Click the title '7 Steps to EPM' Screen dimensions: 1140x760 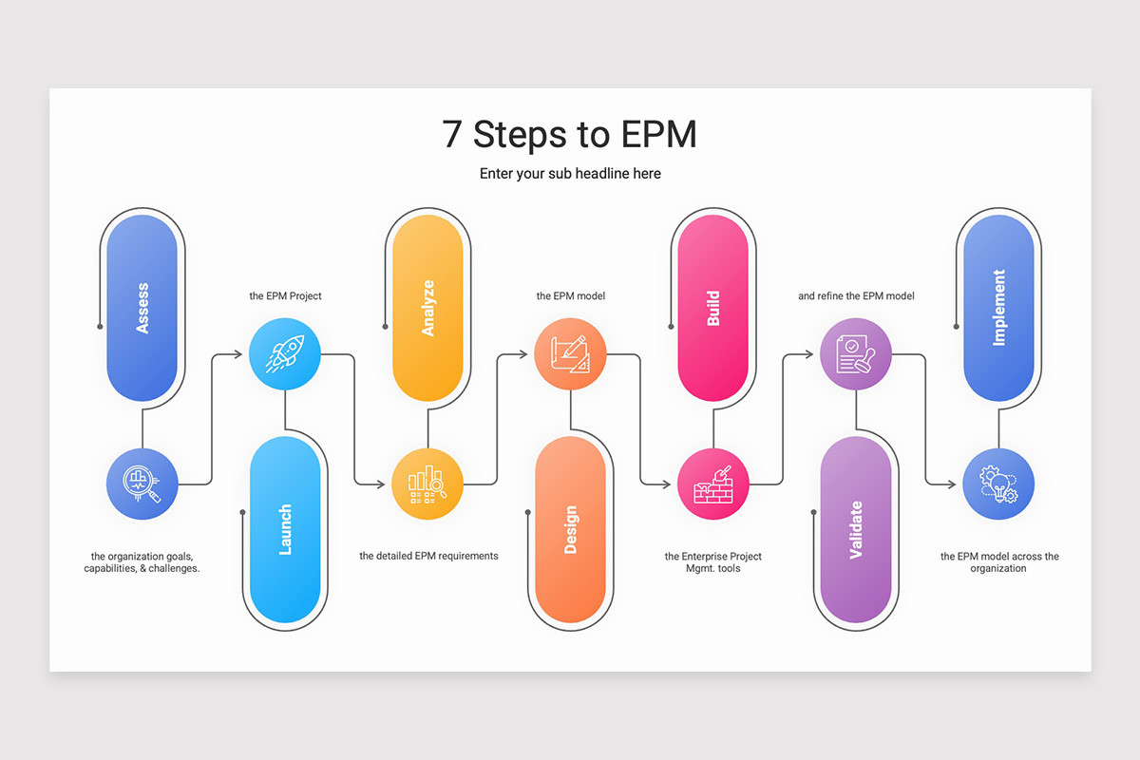[569, 134]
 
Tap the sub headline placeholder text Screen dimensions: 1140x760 [570, 174]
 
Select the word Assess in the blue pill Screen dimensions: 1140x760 [142, 308]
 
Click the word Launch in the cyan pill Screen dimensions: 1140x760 [285, 529]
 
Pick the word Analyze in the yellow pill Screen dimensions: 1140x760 [428, 308]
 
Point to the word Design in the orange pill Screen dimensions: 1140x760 [571, 529]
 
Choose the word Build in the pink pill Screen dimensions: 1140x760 [713, 308]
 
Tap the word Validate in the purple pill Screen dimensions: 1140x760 [856, 529]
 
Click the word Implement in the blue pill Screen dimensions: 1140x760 [999, 308]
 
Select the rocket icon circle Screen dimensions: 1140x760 [285, 353]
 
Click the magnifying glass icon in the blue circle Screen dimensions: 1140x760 [142, 484]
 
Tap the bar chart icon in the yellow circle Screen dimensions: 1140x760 [427, 484]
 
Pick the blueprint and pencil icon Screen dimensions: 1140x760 [570, 353]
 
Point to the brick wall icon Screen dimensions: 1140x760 [713, 484]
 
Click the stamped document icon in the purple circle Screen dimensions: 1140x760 [856, 353]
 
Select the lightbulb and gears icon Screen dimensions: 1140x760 [998, 484]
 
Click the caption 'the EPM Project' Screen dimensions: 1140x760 [285, 295]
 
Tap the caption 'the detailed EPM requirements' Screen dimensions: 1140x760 [428, 556]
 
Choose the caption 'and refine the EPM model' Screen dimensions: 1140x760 [856, 295]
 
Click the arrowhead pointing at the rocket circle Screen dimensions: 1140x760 [238, 353]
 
